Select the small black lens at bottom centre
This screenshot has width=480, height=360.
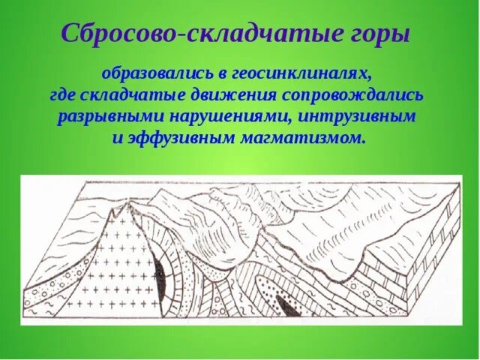(286, 304)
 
